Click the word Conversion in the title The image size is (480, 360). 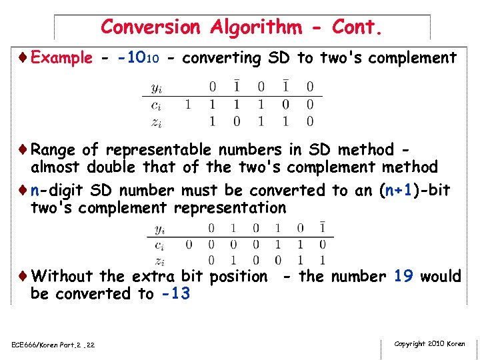click(150, 27)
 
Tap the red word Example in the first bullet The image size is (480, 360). click(61, 58)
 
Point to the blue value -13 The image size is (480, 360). click(175, 293)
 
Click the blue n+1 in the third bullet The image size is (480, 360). click(400, 190)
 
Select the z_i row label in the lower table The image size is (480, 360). click(159, 261)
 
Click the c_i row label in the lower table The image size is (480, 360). click(159, 245)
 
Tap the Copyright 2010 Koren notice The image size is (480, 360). click(429, 344)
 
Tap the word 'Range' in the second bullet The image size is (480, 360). click(53, 150)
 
